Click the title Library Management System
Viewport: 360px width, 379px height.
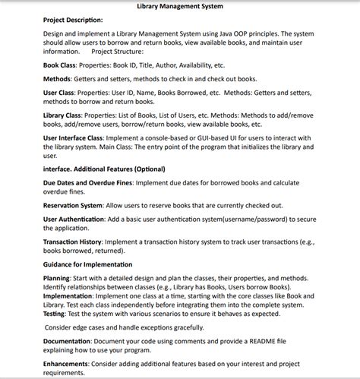click(x=179, y=6)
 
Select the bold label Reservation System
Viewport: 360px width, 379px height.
click(x=73, y=205)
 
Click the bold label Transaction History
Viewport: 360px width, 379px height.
click(x=75, y=241)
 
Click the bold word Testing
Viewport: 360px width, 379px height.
click(x=54, y=313)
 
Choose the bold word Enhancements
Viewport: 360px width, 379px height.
click(x=68, y=365)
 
